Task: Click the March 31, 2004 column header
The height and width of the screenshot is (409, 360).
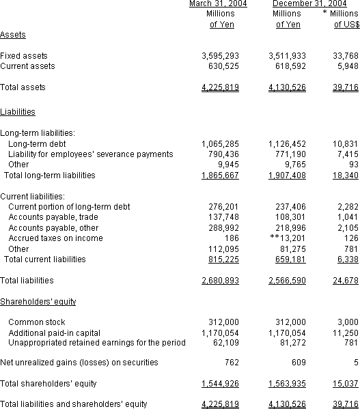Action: point(217,4)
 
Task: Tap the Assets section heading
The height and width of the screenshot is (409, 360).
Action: point(14,35)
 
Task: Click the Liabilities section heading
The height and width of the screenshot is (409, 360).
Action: point(18,111)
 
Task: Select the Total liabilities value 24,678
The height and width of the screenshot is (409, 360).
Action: point(344,281)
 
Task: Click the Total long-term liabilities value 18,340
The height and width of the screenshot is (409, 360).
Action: point(344,175)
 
